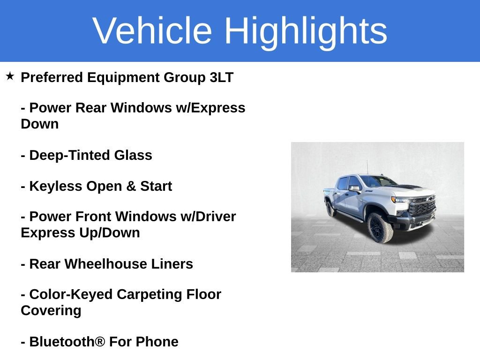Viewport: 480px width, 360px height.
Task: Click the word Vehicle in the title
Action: click(152, 30)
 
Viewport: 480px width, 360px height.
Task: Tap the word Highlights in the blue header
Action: click(306, 30)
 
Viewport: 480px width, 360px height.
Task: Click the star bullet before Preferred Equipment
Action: click(10, 76)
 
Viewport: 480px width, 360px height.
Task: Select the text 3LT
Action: click(221, 77)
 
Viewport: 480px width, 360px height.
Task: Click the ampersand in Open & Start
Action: click(131, 186)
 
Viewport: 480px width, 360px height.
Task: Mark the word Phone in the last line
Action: click(157, 342)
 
